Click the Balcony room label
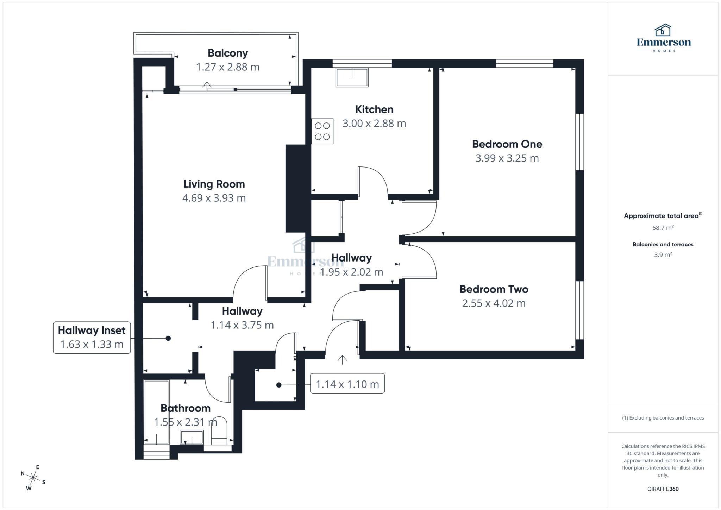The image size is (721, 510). (x=228, y=53)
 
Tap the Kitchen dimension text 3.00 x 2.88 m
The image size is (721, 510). (x=374, y=124)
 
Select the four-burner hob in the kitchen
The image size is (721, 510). (x=322, y=131)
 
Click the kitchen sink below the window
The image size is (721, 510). (x=352, y=77)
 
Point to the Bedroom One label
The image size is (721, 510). (x=507, y=144)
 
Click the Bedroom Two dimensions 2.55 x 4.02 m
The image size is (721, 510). (x=494, y=303)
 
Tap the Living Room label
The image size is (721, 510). (x=214, y=184)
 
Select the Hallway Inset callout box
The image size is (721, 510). (x=92, y=337)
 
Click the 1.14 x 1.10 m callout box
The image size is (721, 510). (x=347, y=384)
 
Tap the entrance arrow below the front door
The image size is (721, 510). (x=342, y=360)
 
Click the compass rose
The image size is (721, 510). (x=33, y=478)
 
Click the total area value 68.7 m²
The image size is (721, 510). (x=663, y=228)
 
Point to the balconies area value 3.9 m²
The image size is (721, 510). (x=663, y=255)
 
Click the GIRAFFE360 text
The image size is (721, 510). (x=663, y=489)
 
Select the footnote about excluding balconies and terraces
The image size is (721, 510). (x=663, y=418)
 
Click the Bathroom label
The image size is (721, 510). (x=186, y=408)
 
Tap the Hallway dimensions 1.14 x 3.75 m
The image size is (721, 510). (x=242, y=325)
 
